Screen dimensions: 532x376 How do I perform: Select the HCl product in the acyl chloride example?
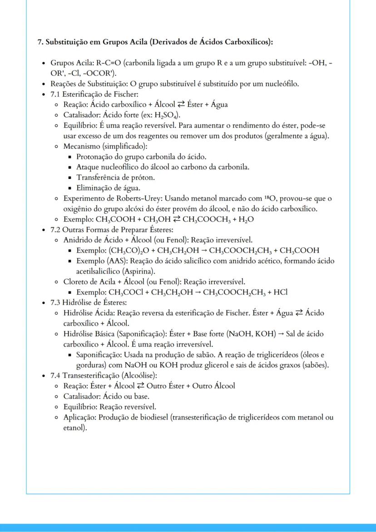pyautogui.click(x=280, y=292)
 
